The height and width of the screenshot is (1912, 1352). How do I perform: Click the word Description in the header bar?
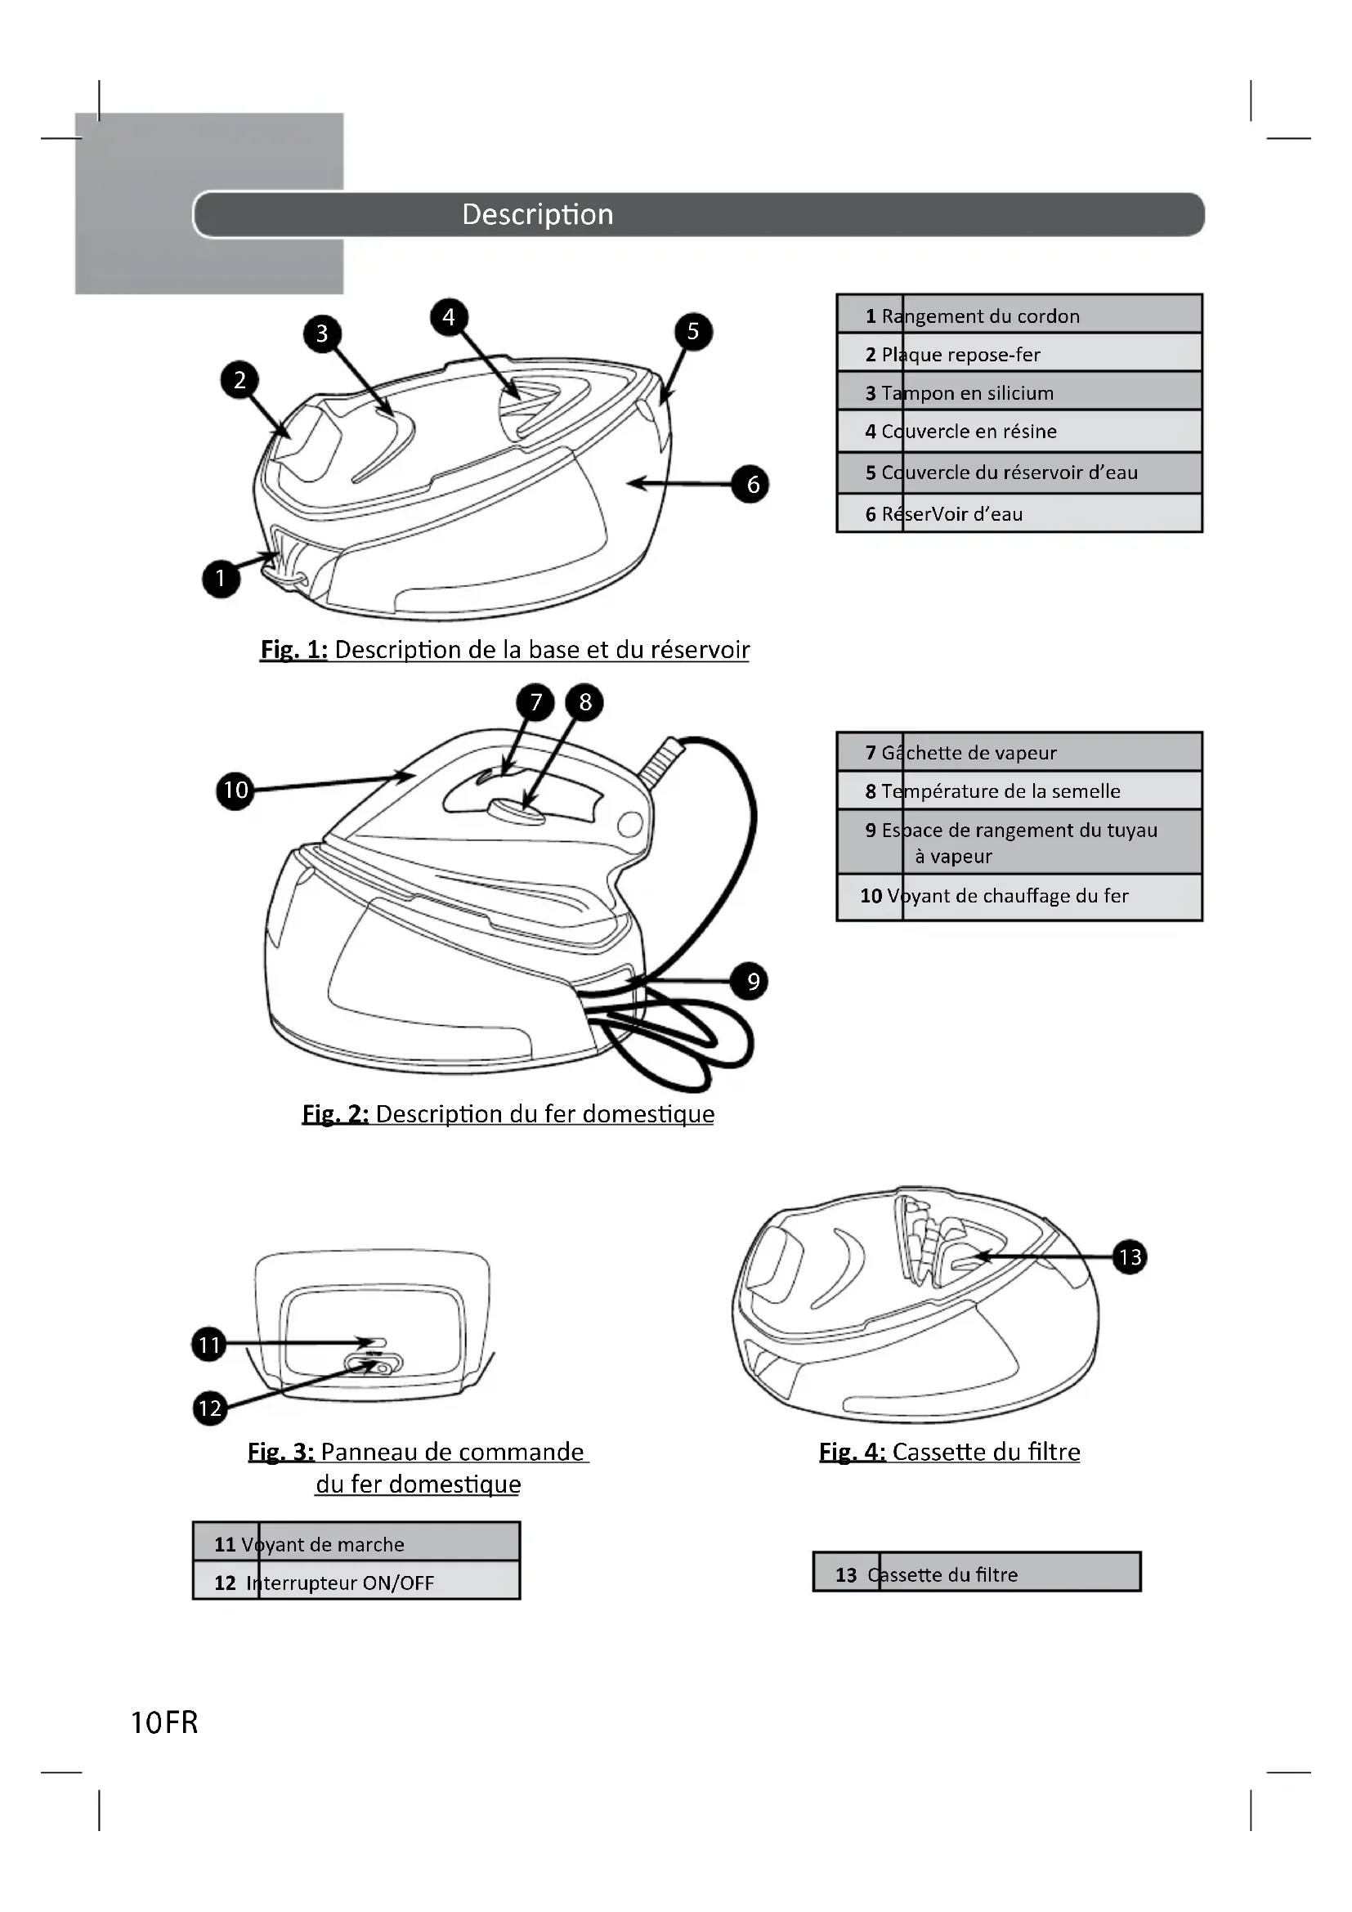(x=538, y=215)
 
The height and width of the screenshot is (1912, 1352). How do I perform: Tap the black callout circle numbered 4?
(x=449, y=316)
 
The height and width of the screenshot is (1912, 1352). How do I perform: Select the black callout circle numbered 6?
(x=752, y=484)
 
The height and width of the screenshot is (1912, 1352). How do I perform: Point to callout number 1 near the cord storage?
(x=221, y=578)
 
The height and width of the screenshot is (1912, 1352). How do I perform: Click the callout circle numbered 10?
(x=235, y=790)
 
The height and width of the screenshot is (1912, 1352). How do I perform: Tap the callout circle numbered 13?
(x=1130, y=1256)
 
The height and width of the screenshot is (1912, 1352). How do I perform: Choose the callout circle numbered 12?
(x=210, y=1408)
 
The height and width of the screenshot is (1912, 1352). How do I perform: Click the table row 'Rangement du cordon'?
(x=1019, y=316)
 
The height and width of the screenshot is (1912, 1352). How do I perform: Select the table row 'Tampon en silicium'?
(x=1019, y=392)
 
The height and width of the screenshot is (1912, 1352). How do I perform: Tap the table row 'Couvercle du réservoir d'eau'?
(x=1019, y=472)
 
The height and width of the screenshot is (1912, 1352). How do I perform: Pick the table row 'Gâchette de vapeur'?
(x=1019, y=752)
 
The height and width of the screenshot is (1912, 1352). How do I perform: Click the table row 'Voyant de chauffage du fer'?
(x=1019, y=895)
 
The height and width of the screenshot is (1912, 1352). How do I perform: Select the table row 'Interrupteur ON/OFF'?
(x=356, y=1583)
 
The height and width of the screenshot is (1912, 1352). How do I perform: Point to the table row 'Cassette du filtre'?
(x=976, y=1574)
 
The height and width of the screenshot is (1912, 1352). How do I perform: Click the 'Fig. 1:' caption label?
(x=294, y=650)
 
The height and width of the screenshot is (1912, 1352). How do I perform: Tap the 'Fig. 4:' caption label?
(x=852, y=1452)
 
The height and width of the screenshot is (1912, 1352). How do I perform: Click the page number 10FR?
(x=165, y=1722)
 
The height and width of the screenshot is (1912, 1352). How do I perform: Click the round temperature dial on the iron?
(x=516, y=808)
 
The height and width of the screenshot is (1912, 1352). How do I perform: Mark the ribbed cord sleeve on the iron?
(x=661, y=760)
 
